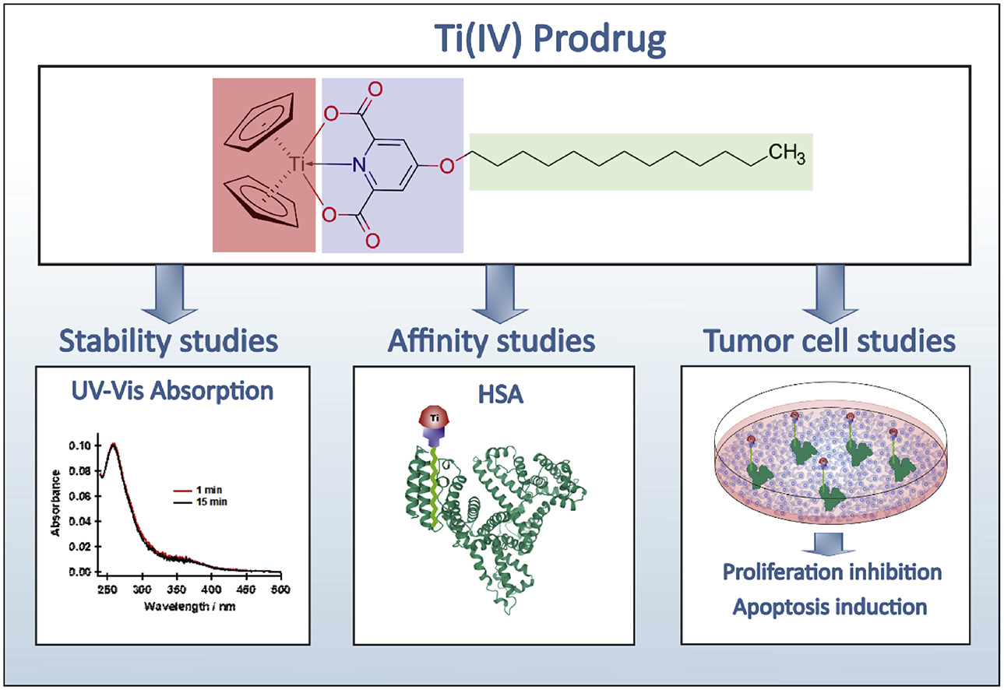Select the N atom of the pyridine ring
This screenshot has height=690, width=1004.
(358, 164)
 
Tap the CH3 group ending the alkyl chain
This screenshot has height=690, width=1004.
(787, 153)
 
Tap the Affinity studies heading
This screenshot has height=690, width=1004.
(493, 340)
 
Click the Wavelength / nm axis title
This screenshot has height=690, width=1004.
(176, 606)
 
